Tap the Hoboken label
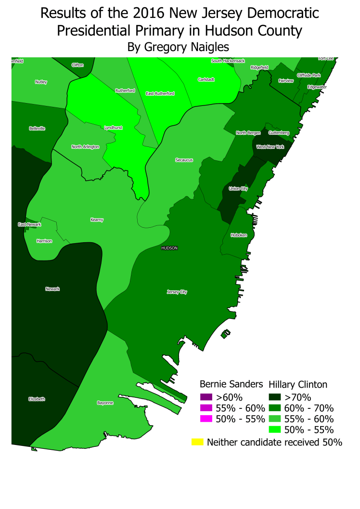pyautogui.click(x=239, y=235)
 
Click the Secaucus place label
pyautogui.click(x=184, y=160)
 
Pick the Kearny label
pyautogui.click(x=97, y=220)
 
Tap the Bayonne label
pyautogui.click(x=105, y=403)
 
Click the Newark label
pyautogui.click(x=52, y=289)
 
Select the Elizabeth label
pyautogui.click(x=37, y=399)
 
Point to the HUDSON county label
pyautogui.click(x=169, y=248)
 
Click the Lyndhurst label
pyautogui.click(x=113, y=128)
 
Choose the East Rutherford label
pyautogui.click(x=160, y=93)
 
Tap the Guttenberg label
pyautogui.click(x=279, y=132)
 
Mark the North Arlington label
pyautogui.click(x=85, y=147)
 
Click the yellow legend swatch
pyautogui.click(x=197, y=442)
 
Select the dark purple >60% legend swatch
pyautogui.click(x=206, y=397)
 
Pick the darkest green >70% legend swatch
pyautogui.click(x=275, y=397)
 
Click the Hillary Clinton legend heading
pyautogui.click(x=298, y=384)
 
